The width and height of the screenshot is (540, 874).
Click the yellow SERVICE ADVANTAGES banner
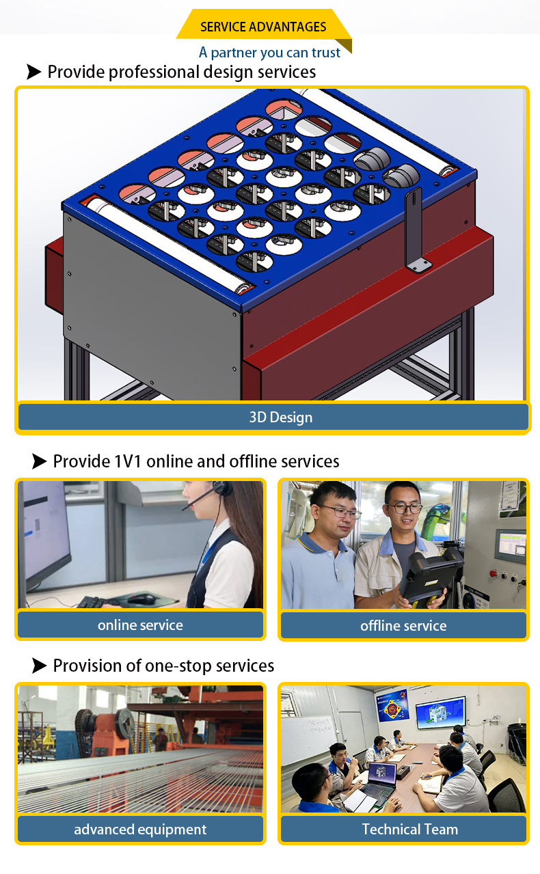pos(263,26)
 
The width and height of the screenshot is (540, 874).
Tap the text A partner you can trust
pos(269,53)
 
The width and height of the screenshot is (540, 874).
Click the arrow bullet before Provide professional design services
pos(34,72)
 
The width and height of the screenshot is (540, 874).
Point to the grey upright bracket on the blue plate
pos(415,230)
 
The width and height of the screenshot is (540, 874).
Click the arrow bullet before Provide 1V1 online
pos(39,461)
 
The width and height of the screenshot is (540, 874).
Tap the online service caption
pos(140,625)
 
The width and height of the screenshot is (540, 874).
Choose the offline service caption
pos(403,626)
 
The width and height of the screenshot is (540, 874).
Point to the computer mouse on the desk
pos(141,599)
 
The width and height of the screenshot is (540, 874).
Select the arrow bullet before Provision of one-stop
pos(39,666)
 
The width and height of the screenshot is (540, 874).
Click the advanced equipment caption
pos(140,829)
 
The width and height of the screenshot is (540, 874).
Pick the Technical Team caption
pos(410,829)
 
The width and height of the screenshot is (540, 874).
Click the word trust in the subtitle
pos(326,53)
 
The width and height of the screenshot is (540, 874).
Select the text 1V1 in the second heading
pos(128,461)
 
